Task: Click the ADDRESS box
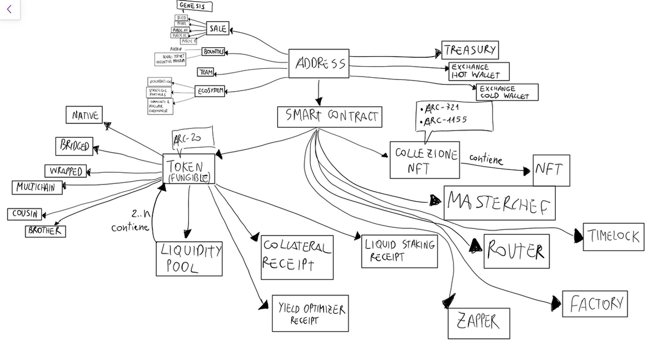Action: point(318,64)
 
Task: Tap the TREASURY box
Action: point(470,50)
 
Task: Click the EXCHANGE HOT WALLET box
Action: point(478,71)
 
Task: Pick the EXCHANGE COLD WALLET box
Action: point(507,92)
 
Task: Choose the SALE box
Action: point(217,28)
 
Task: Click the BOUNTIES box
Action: point(213,52)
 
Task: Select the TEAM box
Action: point(206,72)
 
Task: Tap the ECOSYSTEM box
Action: point(210,91)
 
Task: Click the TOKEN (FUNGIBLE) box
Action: point(188,169)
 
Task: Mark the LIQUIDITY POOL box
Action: point(189,258)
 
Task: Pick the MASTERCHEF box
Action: point(499,203)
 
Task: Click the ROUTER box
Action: point(516,251)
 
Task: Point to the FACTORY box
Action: point(595,303)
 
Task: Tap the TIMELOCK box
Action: point(614,237)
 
